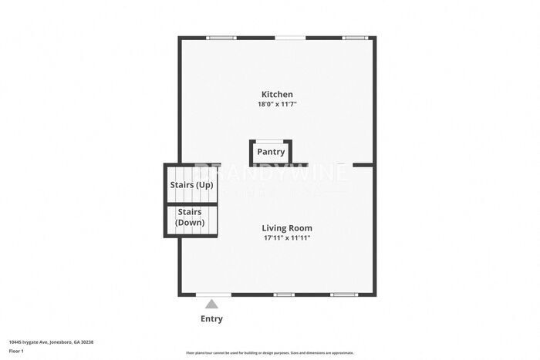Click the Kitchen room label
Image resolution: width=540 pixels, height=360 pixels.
(x=276, y=94)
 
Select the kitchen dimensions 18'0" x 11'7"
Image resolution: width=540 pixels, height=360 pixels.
(x=276, y=104)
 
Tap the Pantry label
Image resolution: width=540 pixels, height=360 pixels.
(x=271, y=152)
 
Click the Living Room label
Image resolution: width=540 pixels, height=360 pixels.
(x=287, y=228)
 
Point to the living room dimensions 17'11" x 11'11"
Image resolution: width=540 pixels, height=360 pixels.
(x=287, y=238)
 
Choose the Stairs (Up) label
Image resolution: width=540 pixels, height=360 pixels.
(x=191, y=185)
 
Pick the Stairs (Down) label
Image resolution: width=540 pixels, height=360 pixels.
(x=190, y=217)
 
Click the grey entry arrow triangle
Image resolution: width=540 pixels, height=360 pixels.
(x=211, y=304)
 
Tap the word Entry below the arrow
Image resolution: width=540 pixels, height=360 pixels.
(x=211, y=319)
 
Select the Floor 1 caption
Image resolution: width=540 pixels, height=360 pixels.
(x=16, y=351)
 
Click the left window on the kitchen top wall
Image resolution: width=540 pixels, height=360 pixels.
(x=221, y=37)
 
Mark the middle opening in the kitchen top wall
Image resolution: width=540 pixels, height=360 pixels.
(x=290, y=37)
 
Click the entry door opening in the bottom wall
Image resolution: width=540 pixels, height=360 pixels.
(x=212, y=294)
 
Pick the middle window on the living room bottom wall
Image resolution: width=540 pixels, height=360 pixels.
(x=284, y=294)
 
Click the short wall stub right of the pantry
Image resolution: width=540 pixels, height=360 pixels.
(x=363, y=164)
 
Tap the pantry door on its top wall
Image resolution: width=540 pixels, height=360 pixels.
(x=271, y=140)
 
